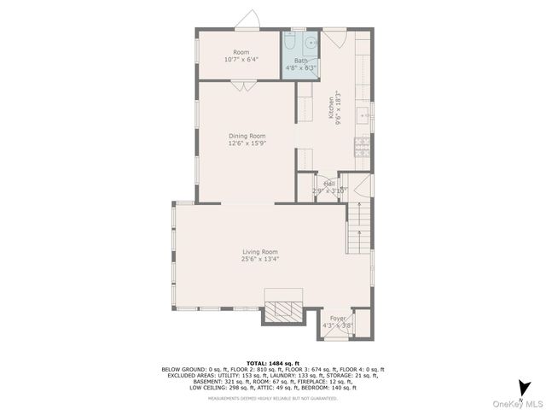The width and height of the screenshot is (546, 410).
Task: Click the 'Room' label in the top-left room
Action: click(x=241, y=52)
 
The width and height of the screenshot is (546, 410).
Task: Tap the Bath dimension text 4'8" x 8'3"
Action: click(x=300, y=67)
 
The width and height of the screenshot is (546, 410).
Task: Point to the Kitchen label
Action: click(x=331, y=107)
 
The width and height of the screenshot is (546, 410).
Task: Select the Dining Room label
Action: click(x=247, y=136)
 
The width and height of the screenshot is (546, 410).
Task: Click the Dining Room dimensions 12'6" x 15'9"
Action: click(x=247, y=143)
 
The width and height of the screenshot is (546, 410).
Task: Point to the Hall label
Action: click(x=328, y=183)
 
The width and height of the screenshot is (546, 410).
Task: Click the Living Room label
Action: click(x=260, y=251)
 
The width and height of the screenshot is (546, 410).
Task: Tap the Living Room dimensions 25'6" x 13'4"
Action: click(x=260, y=259)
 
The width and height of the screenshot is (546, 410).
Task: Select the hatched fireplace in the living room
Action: click(x=282, y=310)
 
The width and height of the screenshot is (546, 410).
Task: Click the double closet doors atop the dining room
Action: click(x=241, y=85)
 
